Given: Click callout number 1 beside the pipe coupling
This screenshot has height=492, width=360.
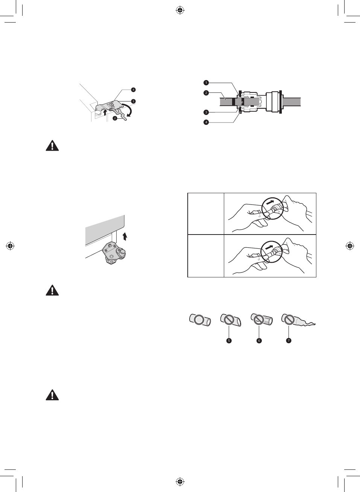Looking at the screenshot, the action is point(206,82).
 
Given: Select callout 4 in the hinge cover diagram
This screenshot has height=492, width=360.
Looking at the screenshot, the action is point(133,89).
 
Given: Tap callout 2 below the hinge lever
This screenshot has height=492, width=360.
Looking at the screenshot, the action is point(115,118).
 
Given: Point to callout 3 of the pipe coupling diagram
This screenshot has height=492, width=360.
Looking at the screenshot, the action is point(206,112).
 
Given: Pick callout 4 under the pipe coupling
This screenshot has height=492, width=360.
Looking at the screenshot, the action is point(206,122).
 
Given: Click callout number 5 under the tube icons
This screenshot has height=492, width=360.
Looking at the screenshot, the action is point(229,341).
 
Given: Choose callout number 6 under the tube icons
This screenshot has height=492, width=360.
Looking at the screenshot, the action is point(259,341).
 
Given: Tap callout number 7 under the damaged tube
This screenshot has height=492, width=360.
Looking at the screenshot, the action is point(289,341).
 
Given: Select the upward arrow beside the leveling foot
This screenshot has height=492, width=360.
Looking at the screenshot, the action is point(125,236).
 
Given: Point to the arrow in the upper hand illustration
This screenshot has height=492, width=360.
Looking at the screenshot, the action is point(270,202).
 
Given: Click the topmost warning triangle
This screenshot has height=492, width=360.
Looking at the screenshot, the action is point(52,145).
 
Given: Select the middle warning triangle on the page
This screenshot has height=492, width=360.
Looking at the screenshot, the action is point(52,290).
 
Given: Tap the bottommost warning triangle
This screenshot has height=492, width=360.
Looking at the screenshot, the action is point(52,395).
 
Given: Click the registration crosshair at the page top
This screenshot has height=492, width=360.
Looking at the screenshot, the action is point(180,11).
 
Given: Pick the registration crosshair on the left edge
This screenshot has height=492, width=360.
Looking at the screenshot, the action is point(10,246).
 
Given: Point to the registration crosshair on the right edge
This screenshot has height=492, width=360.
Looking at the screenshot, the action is point(349,246).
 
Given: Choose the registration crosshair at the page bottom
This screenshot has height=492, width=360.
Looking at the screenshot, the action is point(180,481).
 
